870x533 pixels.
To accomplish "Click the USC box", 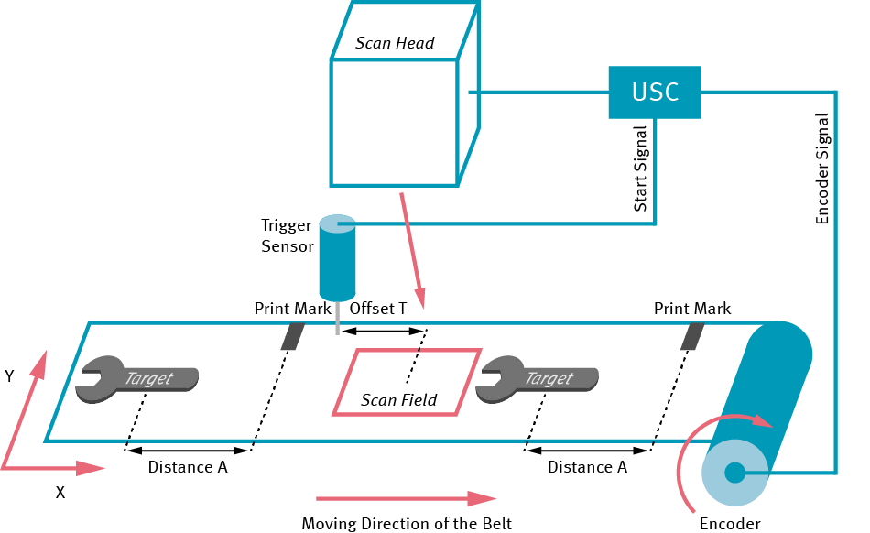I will coord(655,92).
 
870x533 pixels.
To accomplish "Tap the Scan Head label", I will coord(395,43).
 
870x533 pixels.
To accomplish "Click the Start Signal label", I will coord(641,169).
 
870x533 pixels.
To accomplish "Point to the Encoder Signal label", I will coord(821,169).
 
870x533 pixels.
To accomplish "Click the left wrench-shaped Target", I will coord(138,378).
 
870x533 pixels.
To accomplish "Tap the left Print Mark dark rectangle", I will coord(292,336).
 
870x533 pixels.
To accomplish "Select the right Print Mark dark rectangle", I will coord(692,336).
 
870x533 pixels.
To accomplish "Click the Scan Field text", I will coord(398,399).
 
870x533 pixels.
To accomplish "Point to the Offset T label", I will coord(378,309).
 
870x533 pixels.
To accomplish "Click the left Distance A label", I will coord(188,467).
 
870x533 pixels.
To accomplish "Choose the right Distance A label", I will coord(587,467).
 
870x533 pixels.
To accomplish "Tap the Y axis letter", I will coord(9,376).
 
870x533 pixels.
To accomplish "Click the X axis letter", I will coord(60,492).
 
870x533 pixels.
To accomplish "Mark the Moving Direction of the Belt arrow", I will coord(405,499).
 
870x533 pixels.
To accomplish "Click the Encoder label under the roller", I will coord(730,524).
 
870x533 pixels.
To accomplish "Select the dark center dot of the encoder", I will coord(734,473).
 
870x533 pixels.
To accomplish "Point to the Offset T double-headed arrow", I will coord(380,331).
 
